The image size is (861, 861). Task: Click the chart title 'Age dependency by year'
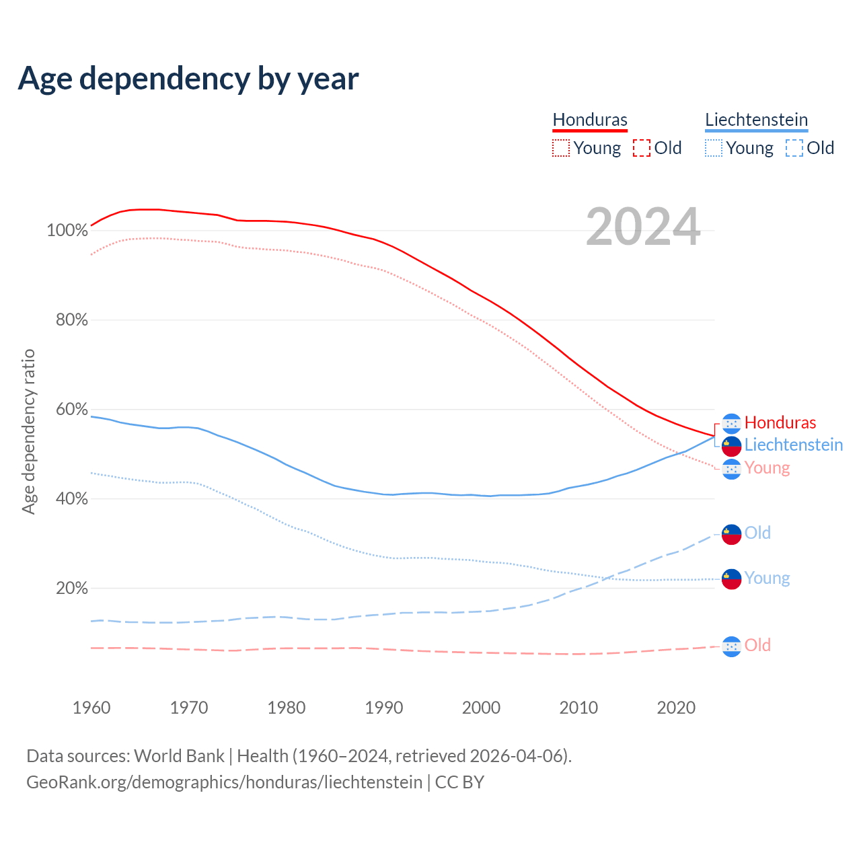pyautogui.click(x=188, y=79)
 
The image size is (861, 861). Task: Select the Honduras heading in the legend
pyautogui.click(x=590, y=120)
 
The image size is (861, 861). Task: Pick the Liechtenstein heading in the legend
pyautogui.click(x=756, y=120)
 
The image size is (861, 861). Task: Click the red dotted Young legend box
pyautogui.click(x=561, y=148)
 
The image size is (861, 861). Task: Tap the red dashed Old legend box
pyautogui.click(x=642, y=148)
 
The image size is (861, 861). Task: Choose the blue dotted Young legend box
pyautogui.click(x=714, y=148)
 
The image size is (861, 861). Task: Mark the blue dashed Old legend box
pyautogui.click(x=794, y=148)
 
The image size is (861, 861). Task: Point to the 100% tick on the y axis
pyautogui.click(x=67, y=231)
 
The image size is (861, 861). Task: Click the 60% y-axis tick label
pyautogui.click(x=71, y=410)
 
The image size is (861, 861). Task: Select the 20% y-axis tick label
pyautogui.click(x=71, y=589)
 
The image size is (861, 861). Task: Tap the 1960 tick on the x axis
pyautogui.click(x=91, y=708)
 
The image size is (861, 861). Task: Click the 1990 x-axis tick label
pyautogui.click(x=384, y=708)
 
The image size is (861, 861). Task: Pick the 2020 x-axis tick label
pyautogui.click(x=676, y=708)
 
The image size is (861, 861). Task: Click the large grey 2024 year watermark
pyautogui.click(x=643, y=227)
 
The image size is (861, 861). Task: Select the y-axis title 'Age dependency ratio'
pyautogui.click(x=28, y=431)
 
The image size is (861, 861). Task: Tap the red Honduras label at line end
pyautogui.click(x=780, y=422)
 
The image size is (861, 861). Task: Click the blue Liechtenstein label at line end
pyautogui.click(x=794, y=445)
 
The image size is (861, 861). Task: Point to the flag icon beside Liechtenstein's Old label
pyautogui.click(x=731, y=534)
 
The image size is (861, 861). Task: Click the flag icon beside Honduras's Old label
pyautogui.click(x=731, y=646)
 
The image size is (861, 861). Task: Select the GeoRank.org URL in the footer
pyautogui.click(x=224, y=782)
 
